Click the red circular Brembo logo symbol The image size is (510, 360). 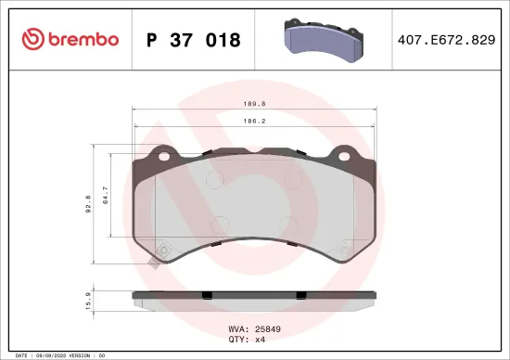(32, 39)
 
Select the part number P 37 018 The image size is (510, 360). (194, 40)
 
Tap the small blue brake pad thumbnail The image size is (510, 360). (321, 40)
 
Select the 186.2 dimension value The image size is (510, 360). (254, 122)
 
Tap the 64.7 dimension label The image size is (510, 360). (104, 195)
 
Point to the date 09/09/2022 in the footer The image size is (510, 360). (51, 354)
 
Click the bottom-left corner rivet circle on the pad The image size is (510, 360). (164, 248)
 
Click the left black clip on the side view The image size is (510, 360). (208, 296)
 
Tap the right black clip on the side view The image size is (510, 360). (300, 296)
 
